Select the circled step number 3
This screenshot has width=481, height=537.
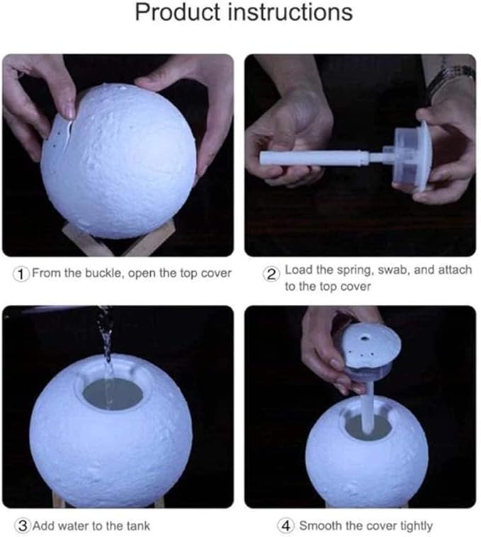(x=21, y=526)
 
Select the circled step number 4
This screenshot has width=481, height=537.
(x=285, y=526)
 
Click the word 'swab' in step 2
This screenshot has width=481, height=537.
(x=393, y=270)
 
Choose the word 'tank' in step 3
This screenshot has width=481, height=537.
(x=137, y=526)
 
